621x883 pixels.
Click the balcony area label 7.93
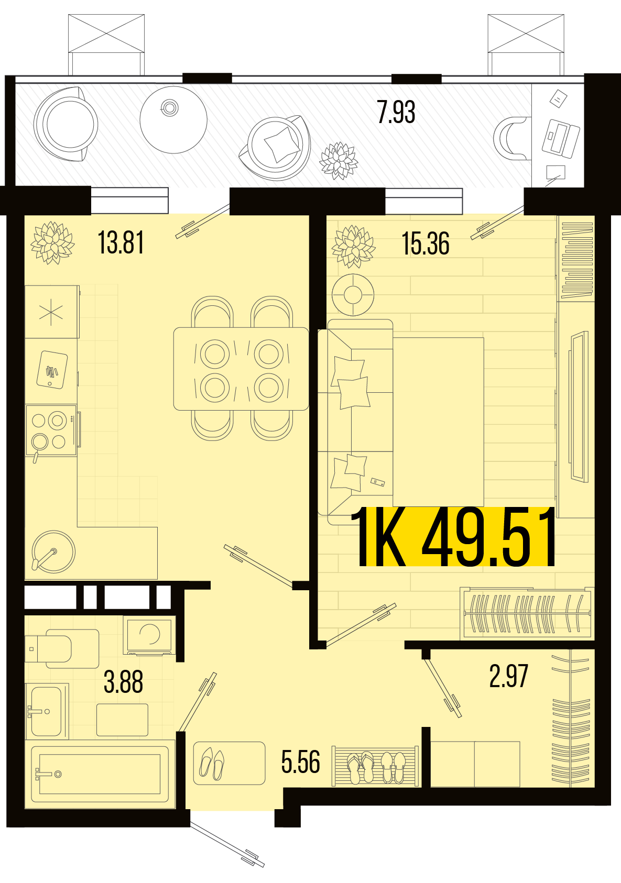point(396,113)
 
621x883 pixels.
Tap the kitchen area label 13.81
point(121,242)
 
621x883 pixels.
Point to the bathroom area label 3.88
point(123,682)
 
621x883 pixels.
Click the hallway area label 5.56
point(300,762)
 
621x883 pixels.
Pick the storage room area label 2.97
point(508,676)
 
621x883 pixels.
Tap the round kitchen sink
point(53,551)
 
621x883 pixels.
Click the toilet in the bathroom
point(62,648)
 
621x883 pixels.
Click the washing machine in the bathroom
point(149,635)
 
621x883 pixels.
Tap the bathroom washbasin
point(47,711)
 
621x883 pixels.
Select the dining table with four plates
point(241,369)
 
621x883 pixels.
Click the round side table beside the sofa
point(353,294)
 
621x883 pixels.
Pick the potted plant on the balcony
point(339,160)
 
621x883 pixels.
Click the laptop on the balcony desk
point(561,138)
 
